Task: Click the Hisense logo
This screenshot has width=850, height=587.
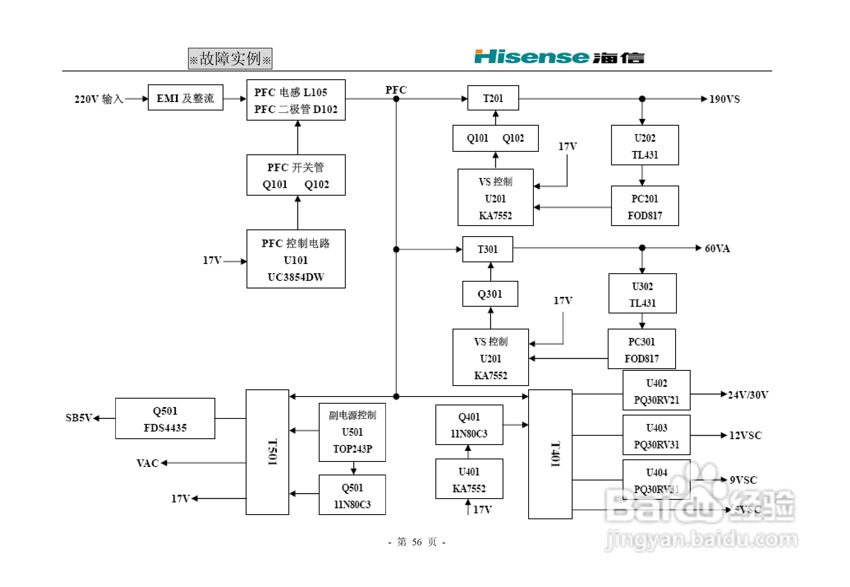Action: (x=559, y=57)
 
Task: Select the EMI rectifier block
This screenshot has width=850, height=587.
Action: (x=185, y=98)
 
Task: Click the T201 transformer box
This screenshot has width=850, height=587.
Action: (x=493, y=98)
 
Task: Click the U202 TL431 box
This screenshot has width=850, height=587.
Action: (x=645, y=146)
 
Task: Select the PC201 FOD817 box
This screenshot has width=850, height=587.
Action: (x=645, y=206)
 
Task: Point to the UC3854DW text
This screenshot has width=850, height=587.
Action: (x=296, y=277)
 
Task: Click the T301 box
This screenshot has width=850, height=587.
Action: (x=487, y=249)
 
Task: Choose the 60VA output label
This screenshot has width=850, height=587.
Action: (x=717, y=249)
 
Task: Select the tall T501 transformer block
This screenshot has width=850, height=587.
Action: (x=267, y=452)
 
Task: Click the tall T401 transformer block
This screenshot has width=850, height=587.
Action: (x=550, y=454)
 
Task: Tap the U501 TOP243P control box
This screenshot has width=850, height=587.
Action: (x=352, y=432)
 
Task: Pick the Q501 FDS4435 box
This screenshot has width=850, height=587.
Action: (x=165, y=419)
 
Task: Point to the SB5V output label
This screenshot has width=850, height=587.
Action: (x=78, y=418)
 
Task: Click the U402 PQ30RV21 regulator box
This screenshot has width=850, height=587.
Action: (x=656, y=391)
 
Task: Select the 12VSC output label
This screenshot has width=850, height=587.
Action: (x=745, y=435)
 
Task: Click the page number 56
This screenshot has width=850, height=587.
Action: (x=417, y=542)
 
